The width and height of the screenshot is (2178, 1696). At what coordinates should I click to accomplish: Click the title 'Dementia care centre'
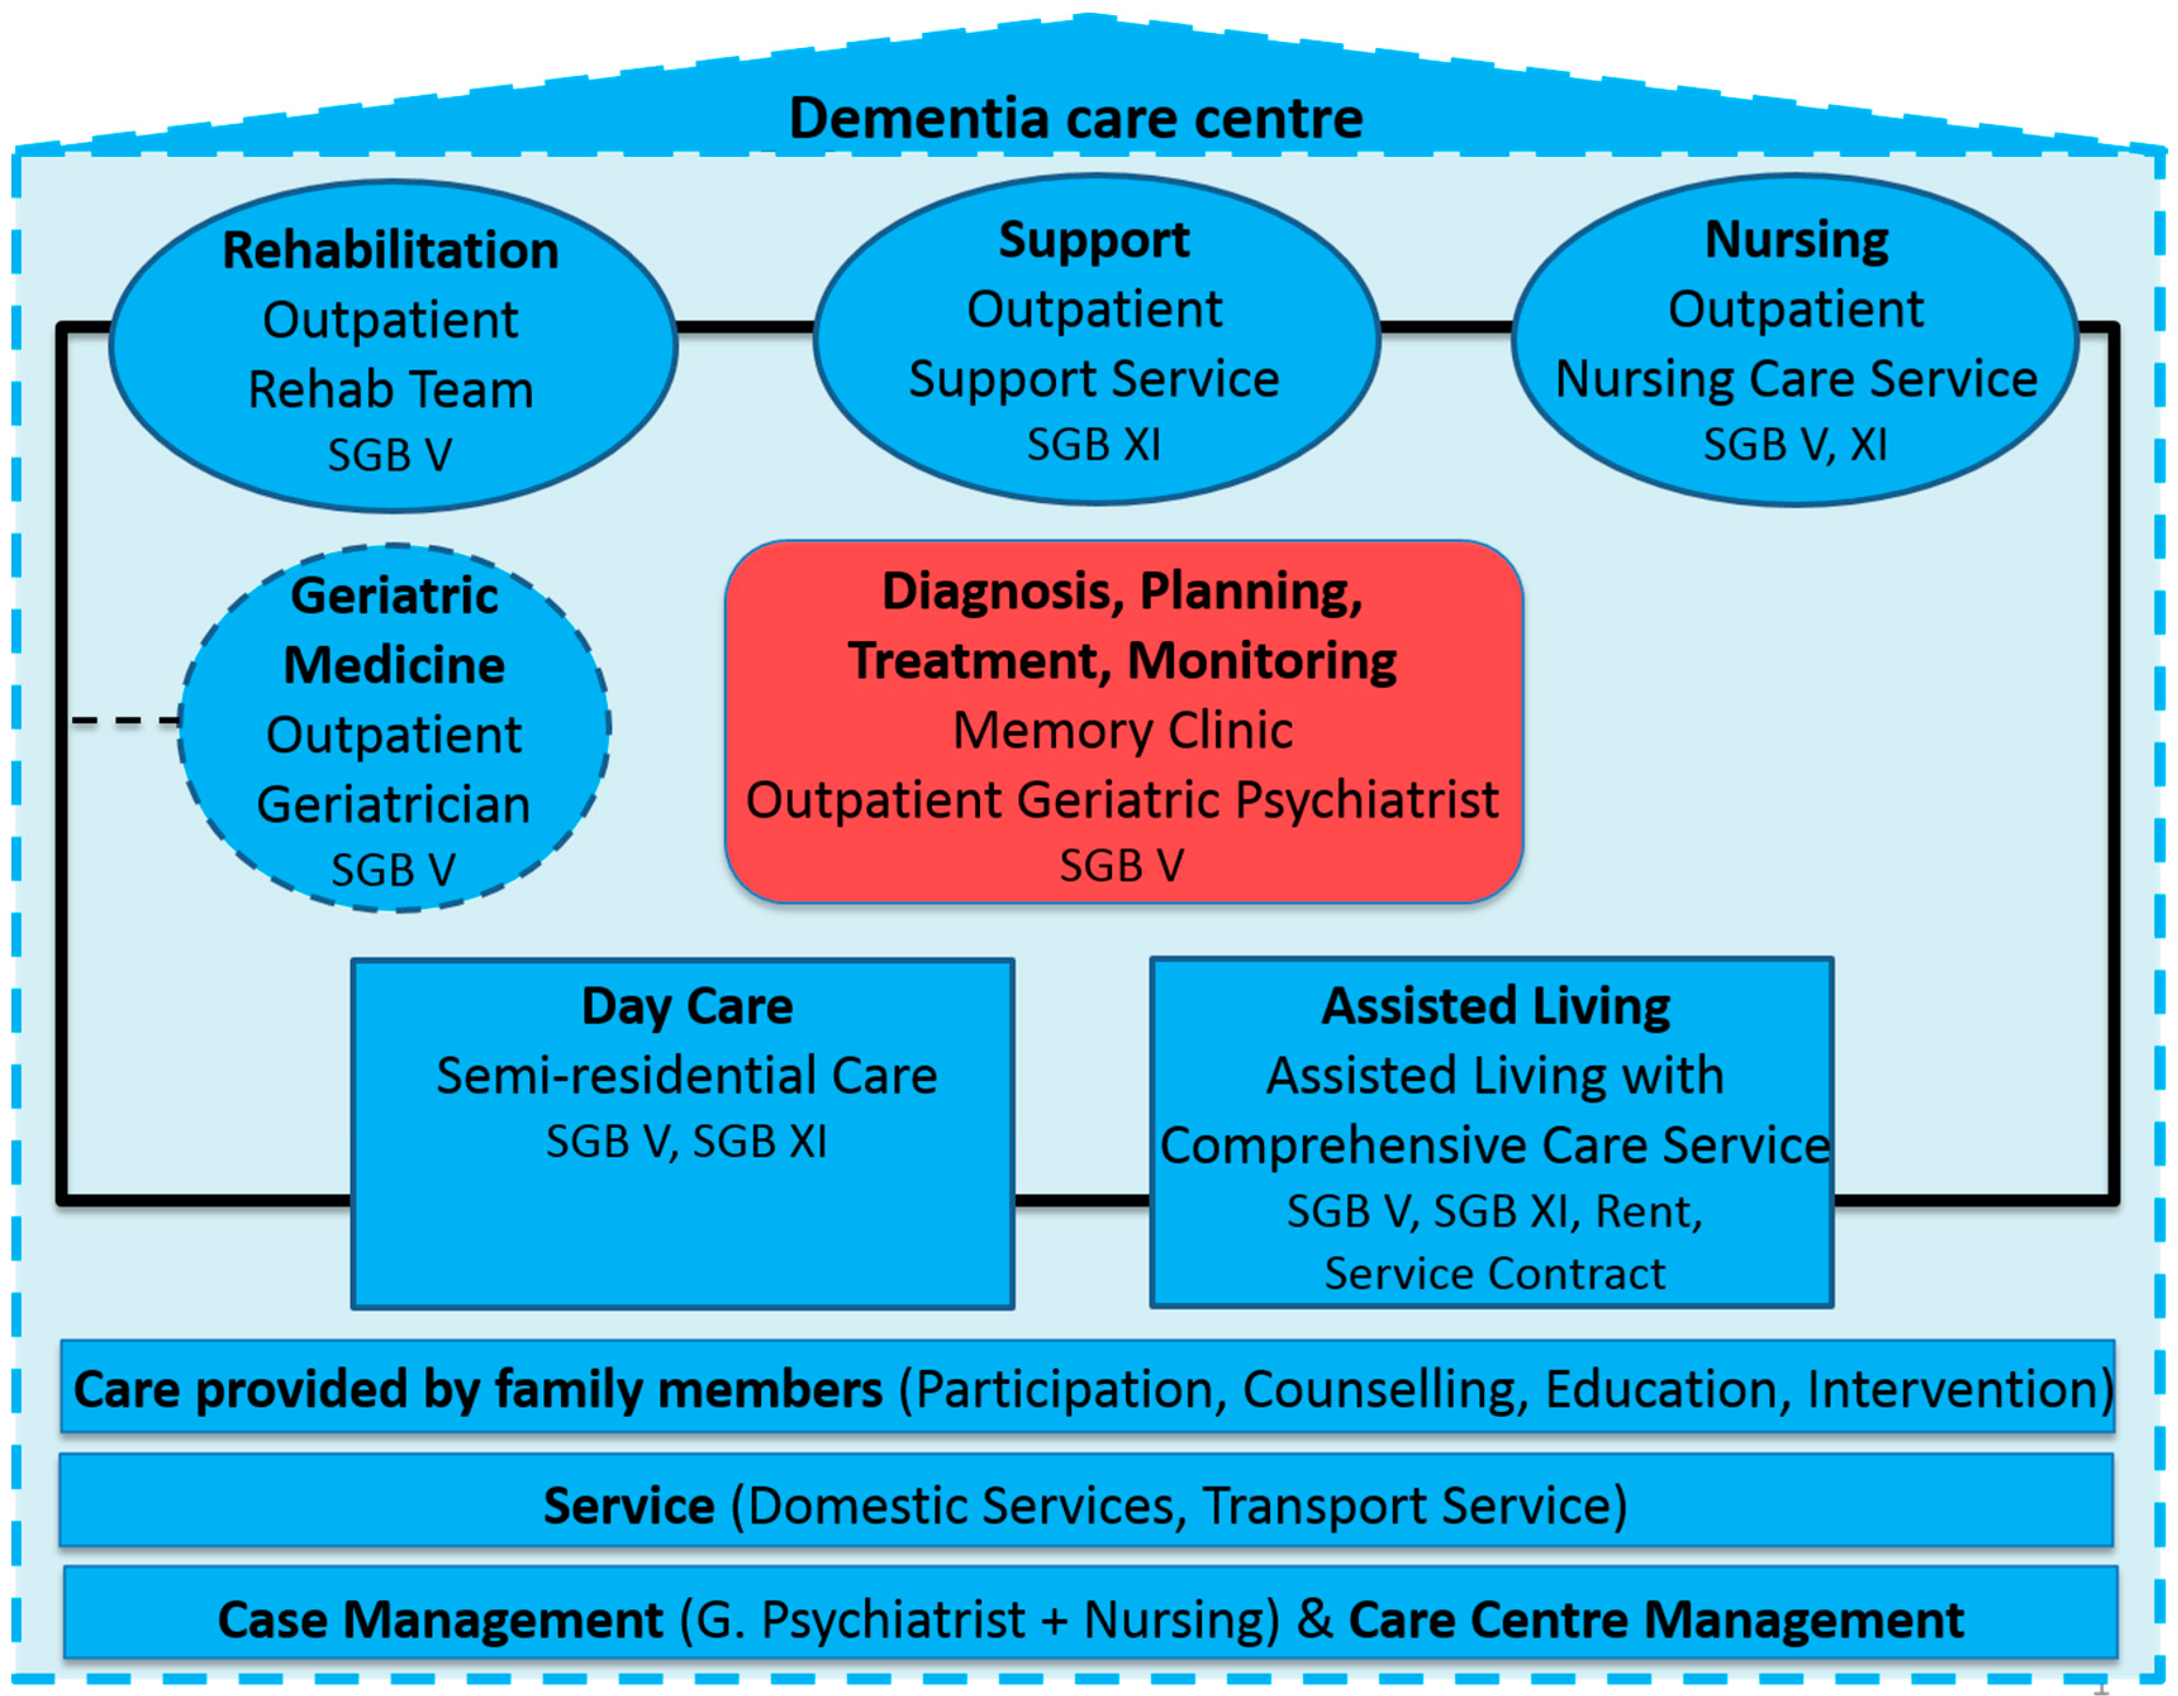(1075, 118)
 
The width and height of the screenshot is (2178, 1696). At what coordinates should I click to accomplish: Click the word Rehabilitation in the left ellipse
(390, 249)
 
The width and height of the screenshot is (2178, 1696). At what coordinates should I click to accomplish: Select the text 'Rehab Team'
(390, 389)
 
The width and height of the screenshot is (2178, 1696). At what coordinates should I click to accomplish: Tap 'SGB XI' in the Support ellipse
(1094, 445)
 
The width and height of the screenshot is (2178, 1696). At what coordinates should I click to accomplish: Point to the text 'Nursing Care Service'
(1796, 379)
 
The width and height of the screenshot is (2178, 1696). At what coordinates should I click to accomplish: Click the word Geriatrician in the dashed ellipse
(393, 804)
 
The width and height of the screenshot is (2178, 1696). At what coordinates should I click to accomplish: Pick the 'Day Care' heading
(687, 1006)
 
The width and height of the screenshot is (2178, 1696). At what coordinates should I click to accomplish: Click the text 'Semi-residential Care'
(686, 1076)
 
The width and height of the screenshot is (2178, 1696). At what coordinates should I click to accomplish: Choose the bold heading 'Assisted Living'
(1495, 1006)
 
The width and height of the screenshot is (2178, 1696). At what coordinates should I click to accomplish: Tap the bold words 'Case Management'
(440, 1619)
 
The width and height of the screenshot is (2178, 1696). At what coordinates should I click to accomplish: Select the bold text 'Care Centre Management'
(1656, 1619)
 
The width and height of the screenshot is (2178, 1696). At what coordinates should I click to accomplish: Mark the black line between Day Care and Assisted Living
(1082, 1199)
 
